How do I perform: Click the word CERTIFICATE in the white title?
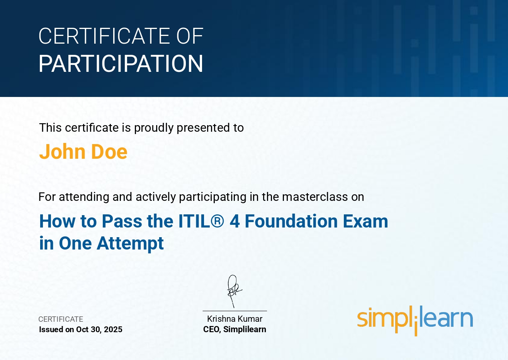[x=105, y=36]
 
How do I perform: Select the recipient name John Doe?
[x=83, y=151]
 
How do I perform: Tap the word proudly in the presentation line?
[x=153, y=128]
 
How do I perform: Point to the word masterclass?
[x=315, y=197]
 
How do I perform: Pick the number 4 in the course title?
[x=234, y=221]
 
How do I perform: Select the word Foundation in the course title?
[x=291, y=221]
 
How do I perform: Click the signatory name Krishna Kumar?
[x=234, y=319]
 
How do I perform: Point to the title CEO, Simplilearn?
[x=234, y=329]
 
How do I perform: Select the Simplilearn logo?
[x=415, y=320]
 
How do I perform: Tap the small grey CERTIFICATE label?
[x=61, y=319]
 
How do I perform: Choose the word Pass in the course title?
[x=122, y=221]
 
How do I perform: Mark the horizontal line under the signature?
[x=234, y=311]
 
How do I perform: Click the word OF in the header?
[x=189, y=36]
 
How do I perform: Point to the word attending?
[x=84, y=197]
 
